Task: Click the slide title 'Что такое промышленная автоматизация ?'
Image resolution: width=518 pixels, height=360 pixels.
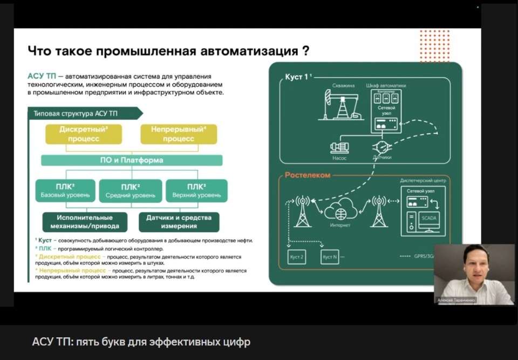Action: tap(168, 51)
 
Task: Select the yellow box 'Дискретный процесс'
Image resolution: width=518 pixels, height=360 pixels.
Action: tap(84, 134)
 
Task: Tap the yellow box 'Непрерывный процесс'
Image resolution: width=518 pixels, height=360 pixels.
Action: tap(179, 134)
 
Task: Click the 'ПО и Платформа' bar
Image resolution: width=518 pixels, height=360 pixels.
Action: tap(132, 160)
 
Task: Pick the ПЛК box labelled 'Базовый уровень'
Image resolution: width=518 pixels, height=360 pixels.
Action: tap(65, 191)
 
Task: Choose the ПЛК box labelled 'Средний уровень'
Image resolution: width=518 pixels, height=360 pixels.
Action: tap(131, 191)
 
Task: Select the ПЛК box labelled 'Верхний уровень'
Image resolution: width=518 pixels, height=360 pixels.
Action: tap(196, 191)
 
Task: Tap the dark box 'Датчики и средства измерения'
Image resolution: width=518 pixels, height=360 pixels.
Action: tap(179, 222)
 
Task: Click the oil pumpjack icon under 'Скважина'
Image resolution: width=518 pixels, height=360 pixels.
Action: tap(342, 105)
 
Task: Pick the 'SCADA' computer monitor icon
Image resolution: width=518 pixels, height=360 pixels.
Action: tap(429, 220)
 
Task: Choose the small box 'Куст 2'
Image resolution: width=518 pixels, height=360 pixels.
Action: tap(297, 257)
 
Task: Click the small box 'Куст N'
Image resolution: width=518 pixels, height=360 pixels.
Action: tap(329, 257)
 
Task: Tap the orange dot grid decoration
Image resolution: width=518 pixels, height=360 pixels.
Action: tap(434, 45)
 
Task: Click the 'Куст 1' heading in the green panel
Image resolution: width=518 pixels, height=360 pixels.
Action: tap(298, 77)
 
